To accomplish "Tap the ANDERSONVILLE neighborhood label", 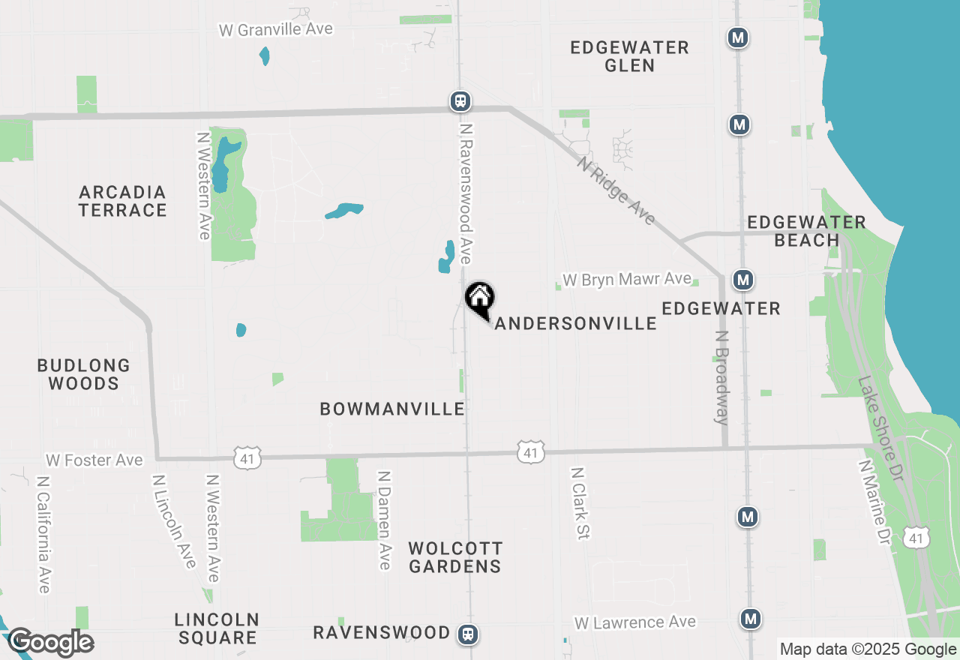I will pyautogui.click(x=575, y=323).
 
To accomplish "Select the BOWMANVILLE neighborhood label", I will pyautogui.click(x=392, y=409).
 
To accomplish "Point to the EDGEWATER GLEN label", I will pyautogui.click(x=629, y=56).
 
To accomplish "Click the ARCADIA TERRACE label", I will pyautogui.click(x=122, y=201).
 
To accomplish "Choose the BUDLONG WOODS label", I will pyautogui.click(x=83, y=374).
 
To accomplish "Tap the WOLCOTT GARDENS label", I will pyautogui.click(x=455, y=557).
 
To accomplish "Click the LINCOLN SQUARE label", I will pyautogui.click(x=217, y=629).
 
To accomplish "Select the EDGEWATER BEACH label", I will pyautogui.click(x=806, y=231).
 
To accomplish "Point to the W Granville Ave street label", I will pyautogui.click(x=276, y=29).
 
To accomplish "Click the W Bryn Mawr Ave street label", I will pyautogui.click(x=627, y=280).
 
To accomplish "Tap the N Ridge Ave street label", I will pyautogui.click(x=616, y=190).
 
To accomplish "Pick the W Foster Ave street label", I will pyautogui.click(x=94, y=460).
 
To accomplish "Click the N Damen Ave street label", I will pyautogui.click(x=385, y=520).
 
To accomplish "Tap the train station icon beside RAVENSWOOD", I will pyautogui.click(x=468, y=634).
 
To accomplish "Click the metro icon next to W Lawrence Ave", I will pyautogui.click(x=750, y=619).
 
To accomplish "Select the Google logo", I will pyautogui.click(x=50, y=643).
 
